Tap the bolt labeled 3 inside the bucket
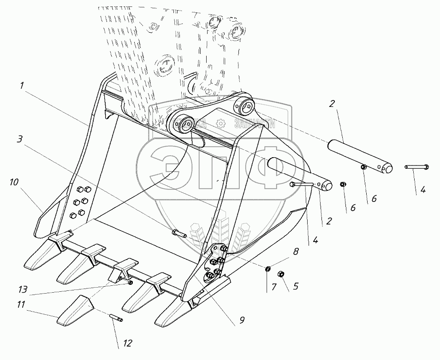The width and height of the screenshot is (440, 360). pos(179,234)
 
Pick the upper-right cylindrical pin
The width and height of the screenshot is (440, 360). pos(360,157)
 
